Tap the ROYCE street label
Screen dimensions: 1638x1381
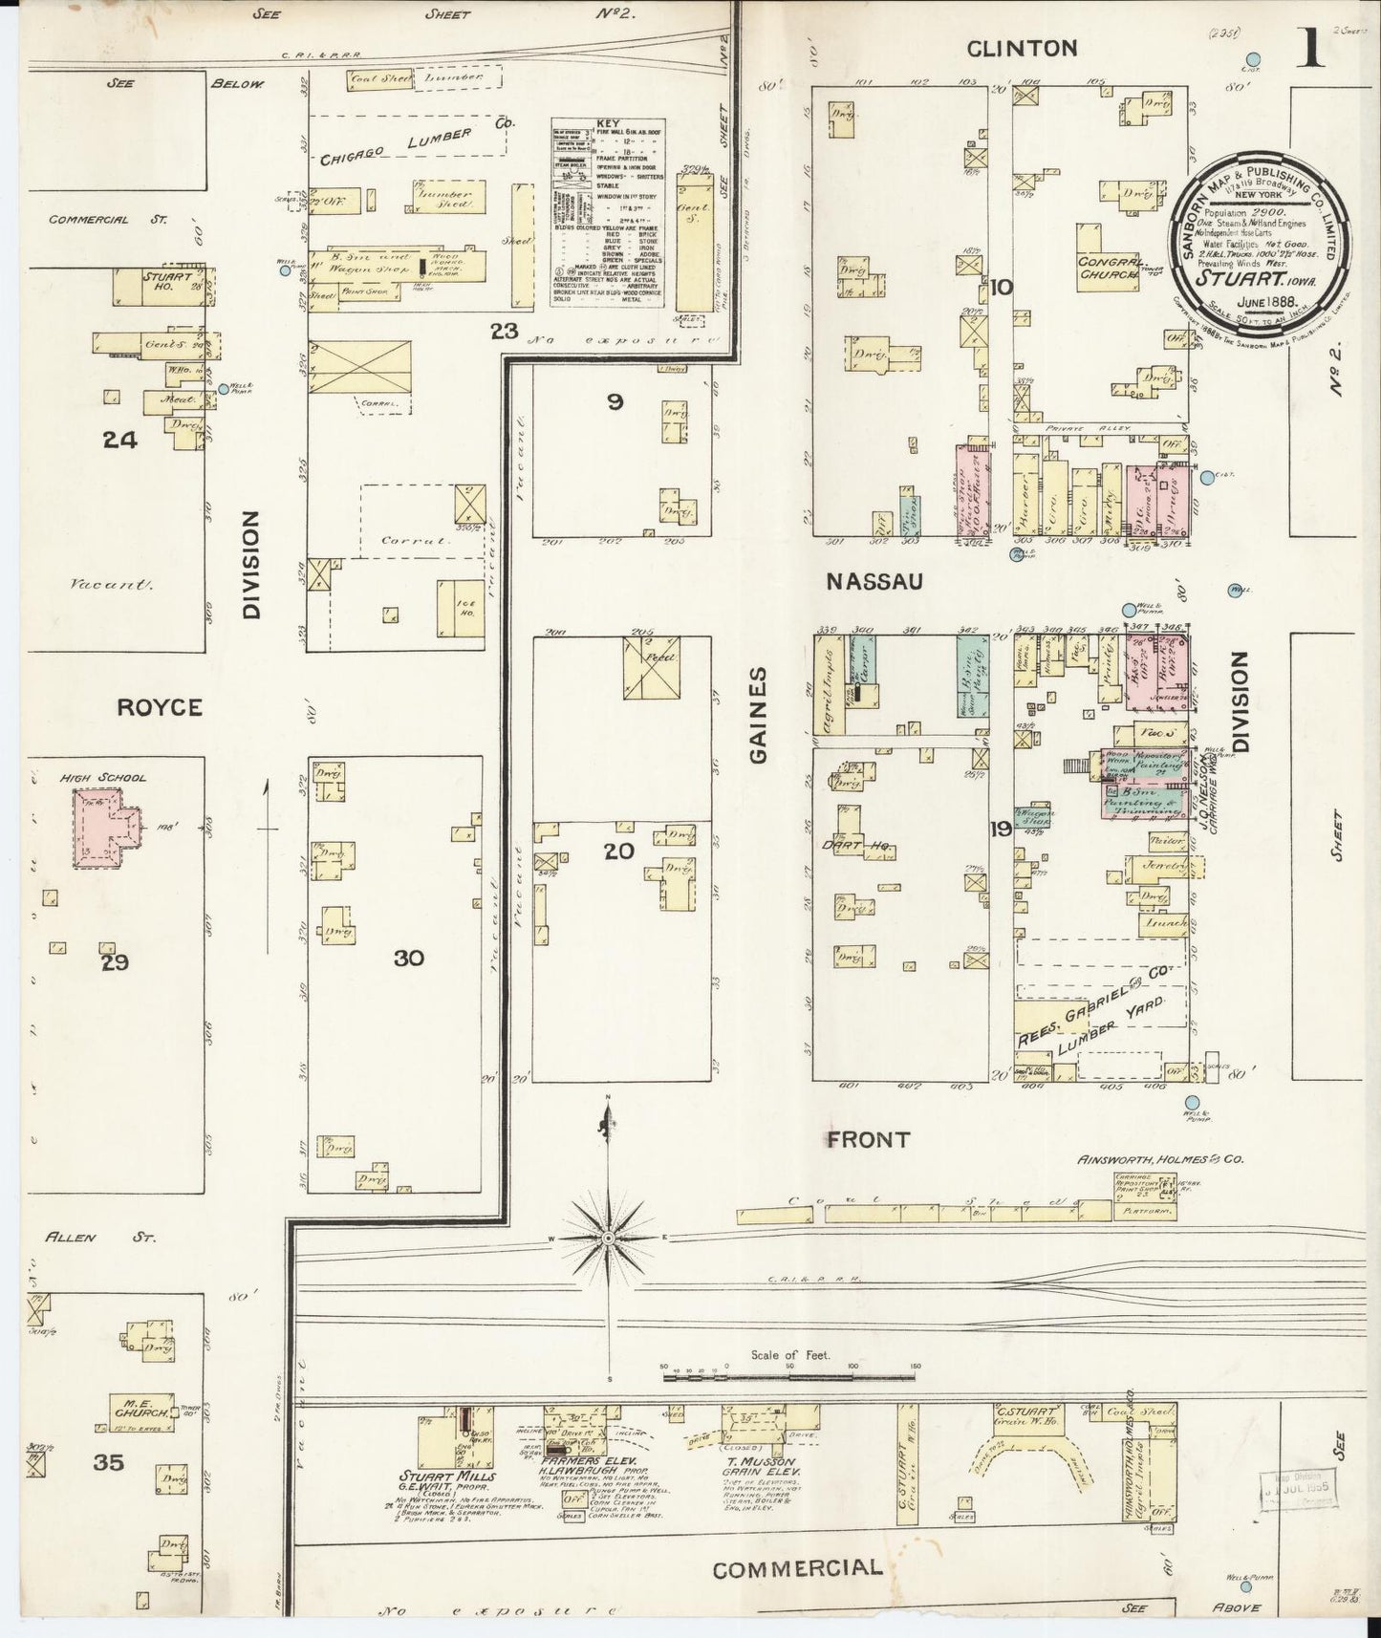(160, 707)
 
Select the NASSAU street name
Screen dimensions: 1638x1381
(874, 581)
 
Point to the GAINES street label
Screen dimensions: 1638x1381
(759, 716)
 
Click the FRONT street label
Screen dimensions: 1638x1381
(869, 1139)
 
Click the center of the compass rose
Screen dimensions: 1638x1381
(608, 1239)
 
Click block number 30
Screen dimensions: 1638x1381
(408, 959)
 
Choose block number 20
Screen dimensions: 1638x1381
(619, 850)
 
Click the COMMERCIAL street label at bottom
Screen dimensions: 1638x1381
(797, 1568)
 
